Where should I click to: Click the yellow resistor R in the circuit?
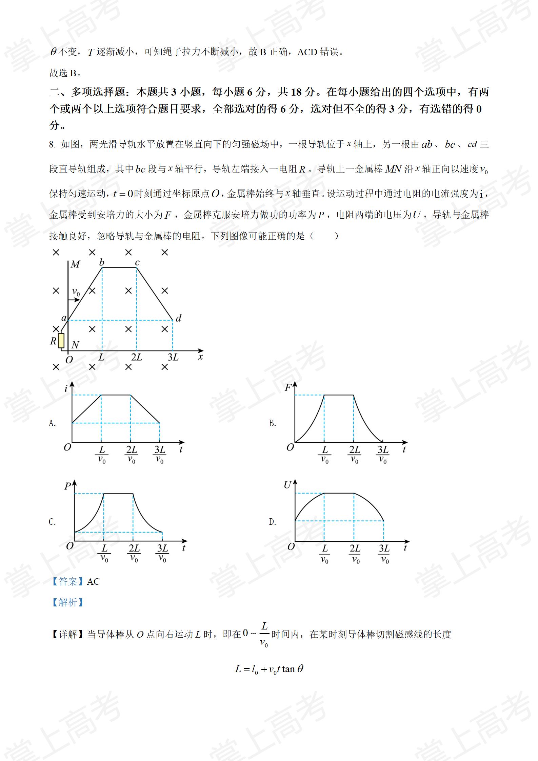(61, 340)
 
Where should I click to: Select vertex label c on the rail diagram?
(137, 262)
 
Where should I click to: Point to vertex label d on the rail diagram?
(178, 318)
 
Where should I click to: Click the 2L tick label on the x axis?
(137, 357)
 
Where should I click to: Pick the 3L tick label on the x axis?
(173, 357)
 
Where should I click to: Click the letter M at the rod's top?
(75, 264)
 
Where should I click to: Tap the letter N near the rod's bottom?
(75, 345)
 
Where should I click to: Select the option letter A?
(52, 423)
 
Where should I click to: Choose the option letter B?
(272, 423)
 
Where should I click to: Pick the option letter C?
(52, 522)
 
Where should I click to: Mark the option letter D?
(272, 522)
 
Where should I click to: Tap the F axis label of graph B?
(288, 387)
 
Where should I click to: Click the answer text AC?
(93, 582)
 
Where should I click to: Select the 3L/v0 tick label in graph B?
(383, 455)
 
